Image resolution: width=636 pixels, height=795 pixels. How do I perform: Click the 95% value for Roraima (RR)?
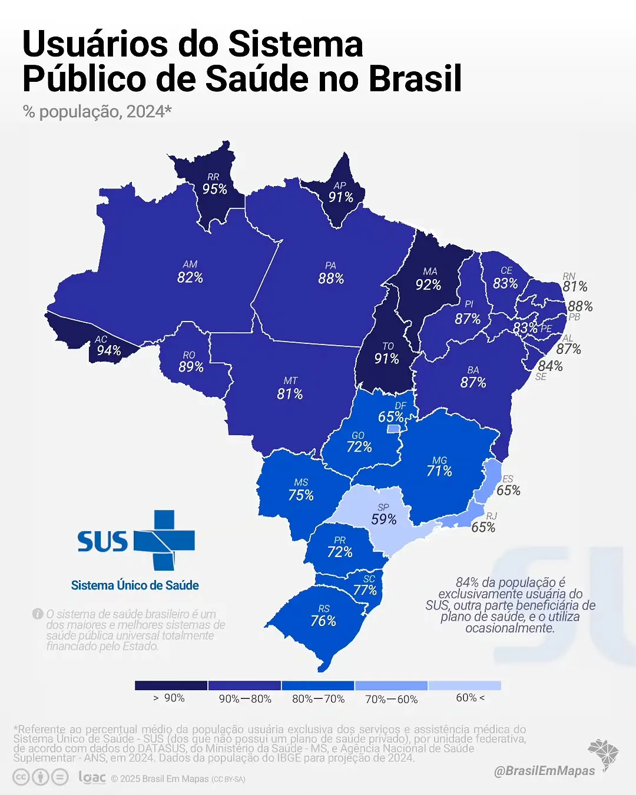[x=215, y=189]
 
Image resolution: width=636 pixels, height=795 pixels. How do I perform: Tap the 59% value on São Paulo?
[x=384, y=519]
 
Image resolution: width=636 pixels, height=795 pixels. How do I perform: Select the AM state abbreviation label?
[x=190, y=264]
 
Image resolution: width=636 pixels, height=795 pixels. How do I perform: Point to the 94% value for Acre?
[x=109, y=351]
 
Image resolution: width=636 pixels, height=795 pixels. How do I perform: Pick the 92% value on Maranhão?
[x=428, y=285]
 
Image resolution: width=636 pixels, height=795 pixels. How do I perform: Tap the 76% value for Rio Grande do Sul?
[x=323, y=621]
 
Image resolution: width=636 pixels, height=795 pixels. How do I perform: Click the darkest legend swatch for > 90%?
[x=171, y=685]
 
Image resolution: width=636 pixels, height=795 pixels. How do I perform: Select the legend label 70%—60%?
[x=391, y=699]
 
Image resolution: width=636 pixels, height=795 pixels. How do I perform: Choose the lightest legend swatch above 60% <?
[x=465, y=685]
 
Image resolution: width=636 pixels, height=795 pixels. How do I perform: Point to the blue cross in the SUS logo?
[x=164, y=540]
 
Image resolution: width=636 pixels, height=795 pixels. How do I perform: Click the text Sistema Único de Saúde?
[x=135, y=585]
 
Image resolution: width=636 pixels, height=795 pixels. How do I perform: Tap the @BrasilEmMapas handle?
[x=545, y=770]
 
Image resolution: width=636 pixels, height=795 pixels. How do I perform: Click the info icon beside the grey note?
[x=38, y=614]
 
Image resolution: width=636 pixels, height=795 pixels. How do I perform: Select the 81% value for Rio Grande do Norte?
[x=575, y=287]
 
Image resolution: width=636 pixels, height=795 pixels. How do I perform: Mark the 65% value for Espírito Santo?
[x=508, y=491]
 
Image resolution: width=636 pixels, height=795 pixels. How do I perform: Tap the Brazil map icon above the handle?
[x=603, y=753]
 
